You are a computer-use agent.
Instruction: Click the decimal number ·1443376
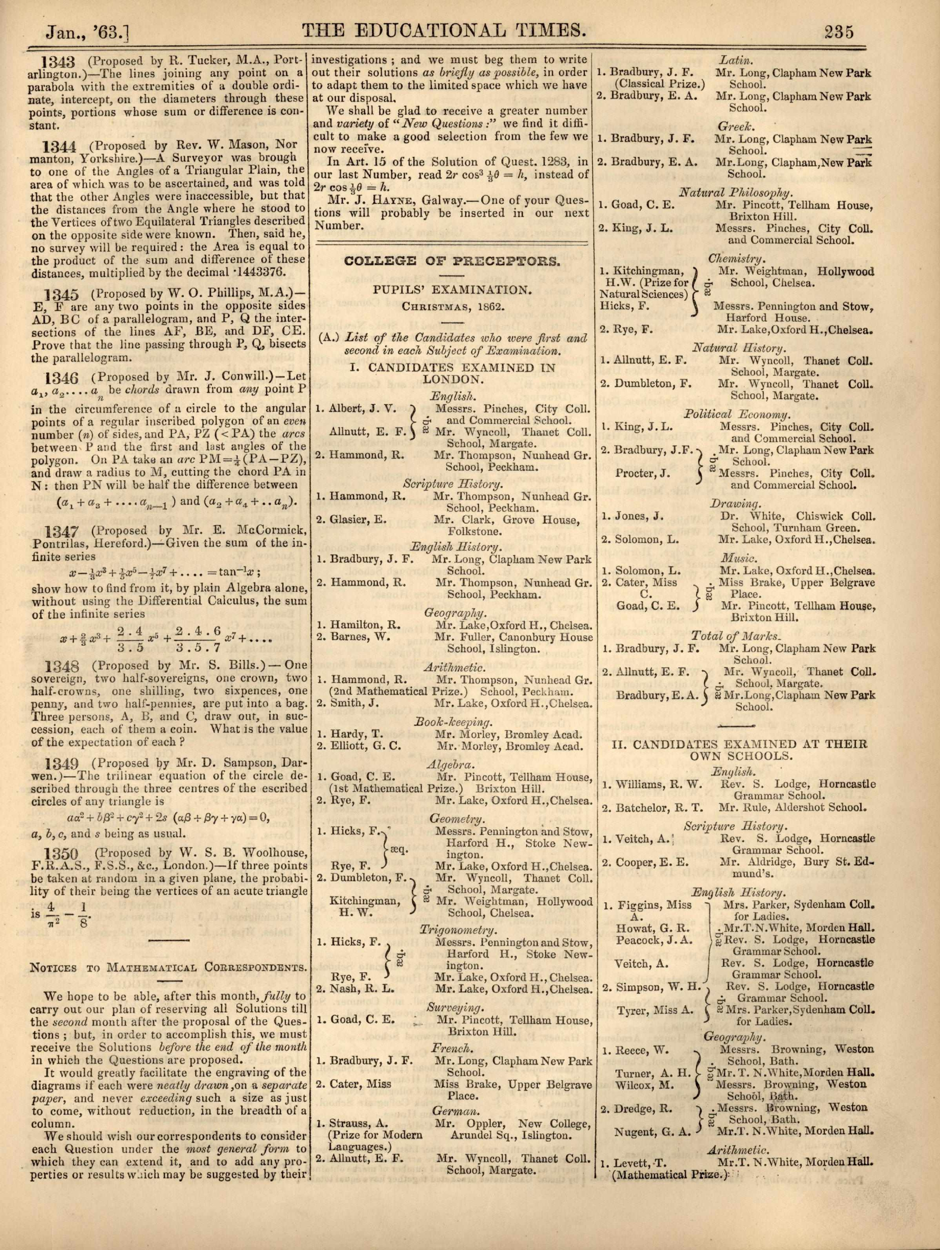[x=255, y=272]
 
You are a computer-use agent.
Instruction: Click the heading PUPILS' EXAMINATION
[x=452, y=290]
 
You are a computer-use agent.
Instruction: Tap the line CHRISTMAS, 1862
[x=452, y=306]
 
